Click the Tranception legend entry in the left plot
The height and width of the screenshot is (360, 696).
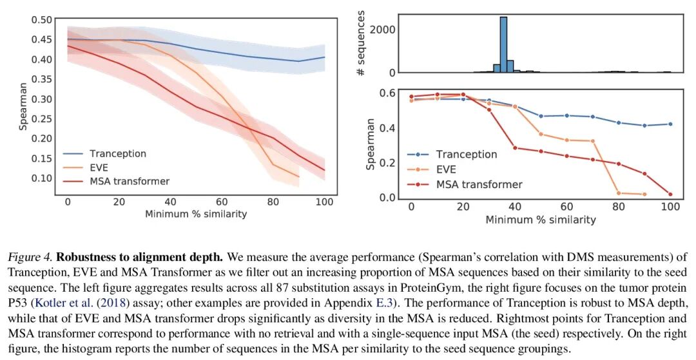pos(118,154)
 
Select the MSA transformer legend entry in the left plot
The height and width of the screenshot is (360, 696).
pos(130,181)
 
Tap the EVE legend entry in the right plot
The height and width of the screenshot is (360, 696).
pos(446,170)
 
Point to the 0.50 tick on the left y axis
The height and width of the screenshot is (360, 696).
pos(41,20)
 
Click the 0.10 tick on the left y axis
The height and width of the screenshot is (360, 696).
pos(41,178)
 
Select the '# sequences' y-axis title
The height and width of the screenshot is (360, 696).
pos(361,43)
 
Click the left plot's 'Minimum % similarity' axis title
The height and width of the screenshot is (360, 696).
pos(196,214)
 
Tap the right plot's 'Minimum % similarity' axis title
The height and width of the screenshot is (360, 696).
pos(541,220)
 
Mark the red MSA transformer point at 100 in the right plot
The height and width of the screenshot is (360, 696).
pos(671,194)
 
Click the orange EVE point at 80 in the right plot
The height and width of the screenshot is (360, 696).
pos(619,193)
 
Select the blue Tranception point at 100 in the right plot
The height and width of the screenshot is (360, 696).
pos(671,124)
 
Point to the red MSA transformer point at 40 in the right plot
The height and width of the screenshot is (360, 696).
pos(515,147)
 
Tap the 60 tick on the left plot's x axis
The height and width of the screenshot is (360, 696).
pos(222,202)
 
